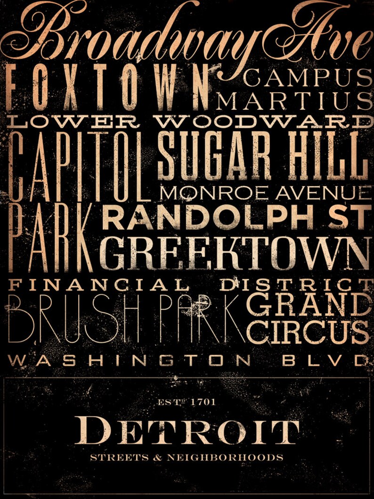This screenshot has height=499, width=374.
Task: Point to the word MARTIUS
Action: pyautogui.click(x=295, y=102)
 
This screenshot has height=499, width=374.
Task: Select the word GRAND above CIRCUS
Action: pyautogui.click(x=309, y=306)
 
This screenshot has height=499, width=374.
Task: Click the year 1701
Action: pyautogui.click(x=203, y=402)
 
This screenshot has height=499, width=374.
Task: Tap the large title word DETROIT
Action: pyautogui.click(x=187, y=432)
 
